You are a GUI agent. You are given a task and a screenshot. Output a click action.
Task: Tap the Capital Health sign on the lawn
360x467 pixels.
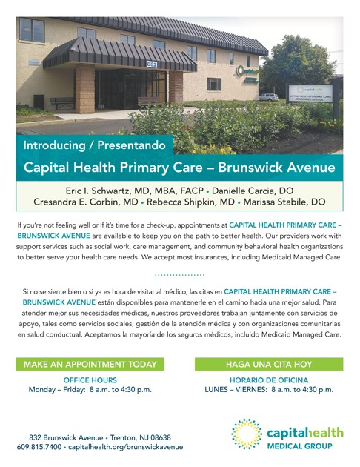(311, 95)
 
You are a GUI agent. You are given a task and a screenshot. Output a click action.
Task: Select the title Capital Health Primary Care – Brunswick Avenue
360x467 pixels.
(179, 168)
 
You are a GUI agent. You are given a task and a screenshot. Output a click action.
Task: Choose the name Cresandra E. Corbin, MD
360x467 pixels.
(85, 202)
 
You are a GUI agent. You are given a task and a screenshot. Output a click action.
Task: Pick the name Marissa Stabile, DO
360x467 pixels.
(287, 202)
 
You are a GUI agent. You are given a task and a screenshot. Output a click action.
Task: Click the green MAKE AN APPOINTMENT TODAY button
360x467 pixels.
(90, 364)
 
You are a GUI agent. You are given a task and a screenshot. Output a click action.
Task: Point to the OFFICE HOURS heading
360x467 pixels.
(90, 379)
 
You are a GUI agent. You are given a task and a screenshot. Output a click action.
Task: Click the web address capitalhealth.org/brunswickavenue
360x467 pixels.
(127, 447)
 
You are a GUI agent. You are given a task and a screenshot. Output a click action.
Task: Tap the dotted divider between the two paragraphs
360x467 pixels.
(179, 274)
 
